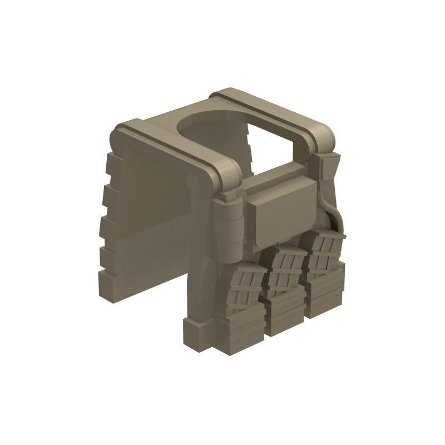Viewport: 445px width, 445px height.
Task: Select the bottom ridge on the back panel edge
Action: point(106,276)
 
